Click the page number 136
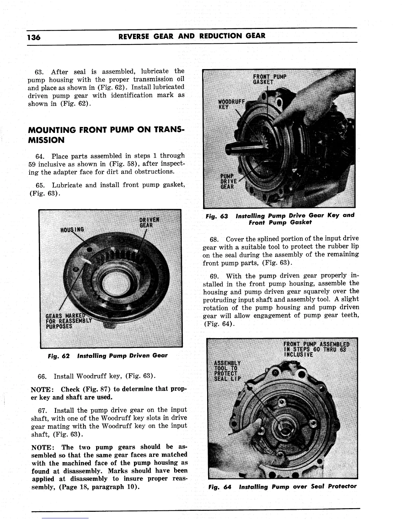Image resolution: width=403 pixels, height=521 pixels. [x=34, y=37]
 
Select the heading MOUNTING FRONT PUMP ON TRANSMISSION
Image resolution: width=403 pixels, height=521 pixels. [x=106, y=135]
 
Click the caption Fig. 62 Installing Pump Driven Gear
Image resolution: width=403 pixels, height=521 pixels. [x=108, y=356]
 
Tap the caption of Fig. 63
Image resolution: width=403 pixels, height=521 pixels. [x=280, y=219]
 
